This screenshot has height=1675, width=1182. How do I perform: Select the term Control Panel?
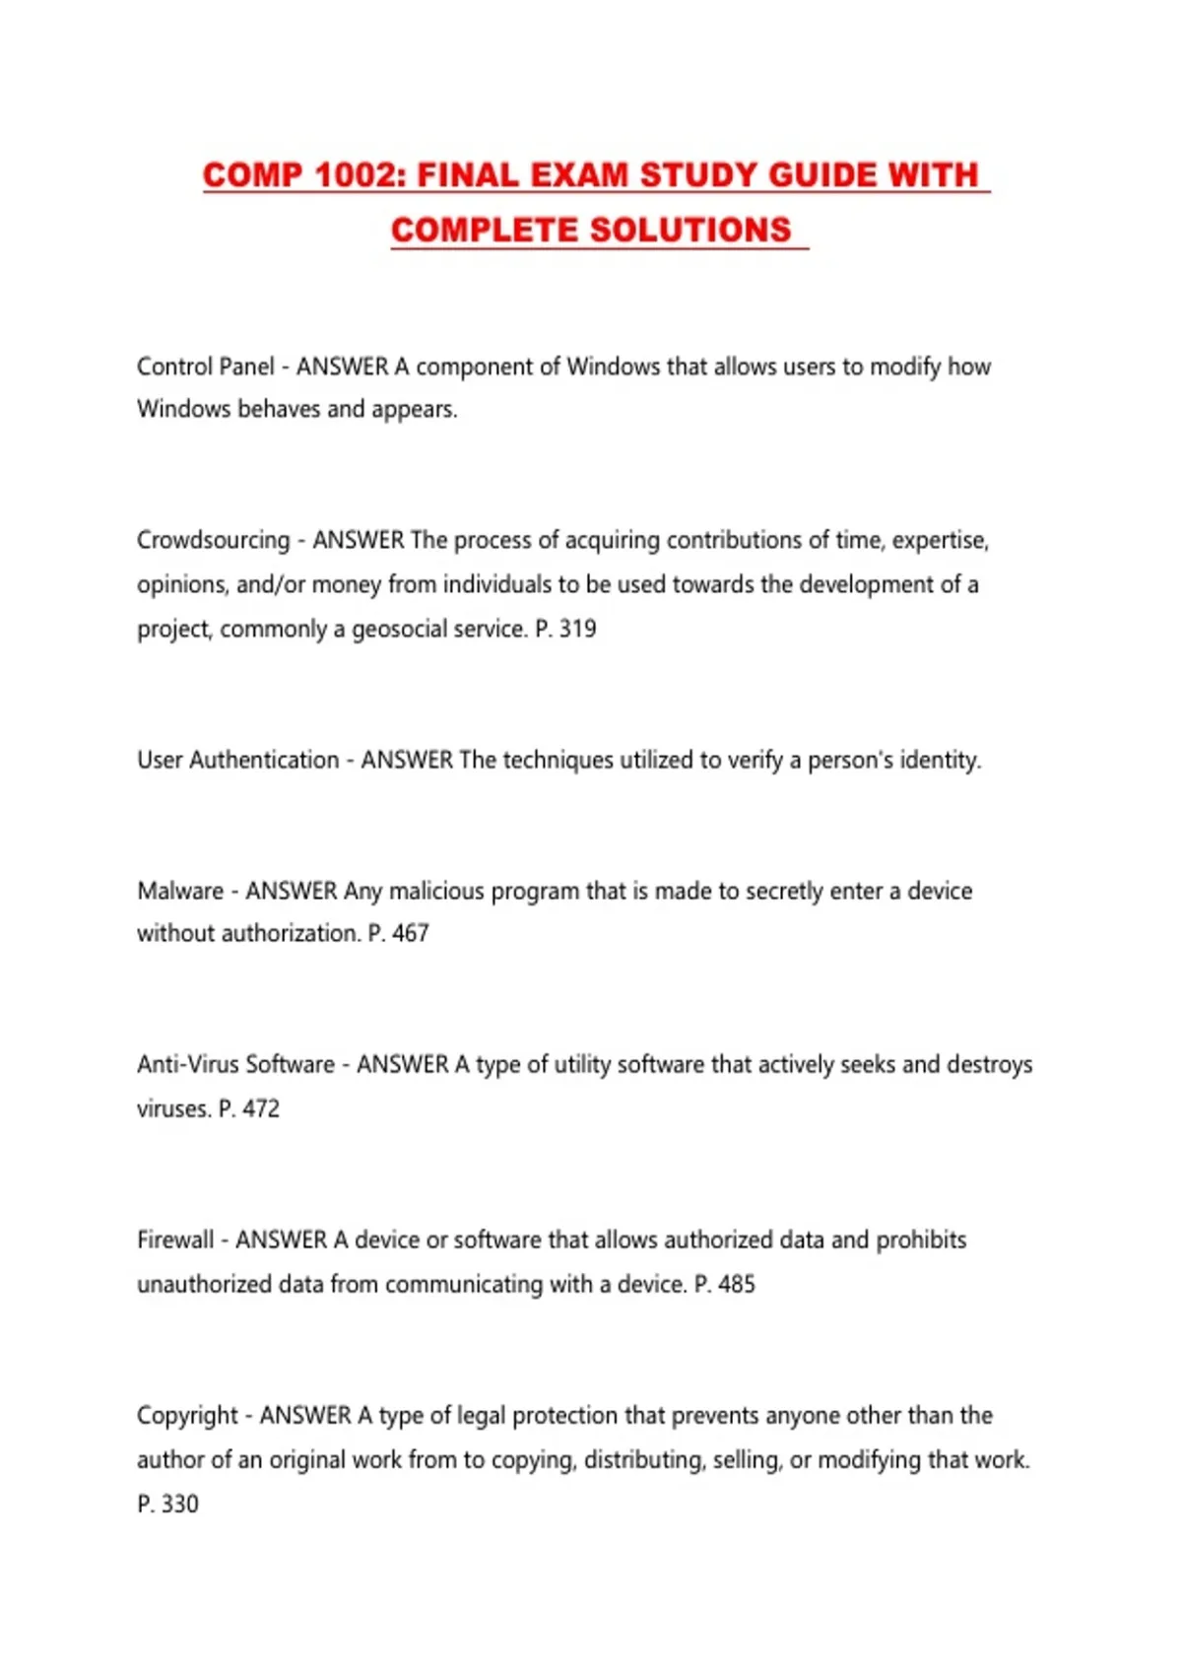pos(205,367)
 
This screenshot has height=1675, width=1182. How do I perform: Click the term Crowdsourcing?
pos(213,540)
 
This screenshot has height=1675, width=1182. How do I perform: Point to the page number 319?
pos(577,629)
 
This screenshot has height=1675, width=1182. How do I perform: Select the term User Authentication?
pos(237,760)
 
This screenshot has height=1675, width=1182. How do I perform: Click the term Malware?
pos(180,891)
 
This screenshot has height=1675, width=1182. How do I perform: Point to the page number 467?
pos(411,933)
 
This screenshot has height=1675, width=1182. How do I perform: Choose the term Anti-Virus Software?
pos(235,1064)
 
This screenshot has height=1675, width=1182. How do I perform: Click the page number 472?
pos(261,1108)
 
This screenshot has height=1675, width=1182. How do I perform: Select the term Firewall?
pos(175,1239)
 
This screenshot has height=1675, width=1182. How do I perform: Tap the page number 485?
pos(737,1284)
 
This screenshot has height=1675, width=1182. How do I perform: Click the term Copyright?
pos(187,1416)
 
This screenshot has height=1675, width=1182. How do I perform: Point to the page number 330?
pos(179,1504)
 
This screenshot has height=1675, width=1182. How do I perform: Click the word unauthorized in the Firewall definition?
pos(204,1284)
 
